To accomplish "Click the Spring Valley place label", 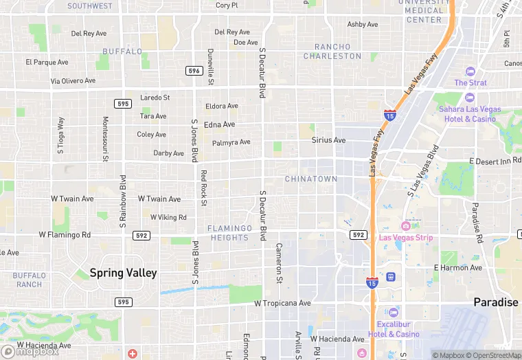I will pyautogui.click(x=124, y=273).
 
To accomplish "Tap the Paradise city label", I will pyautogui.click(x=496, y=302).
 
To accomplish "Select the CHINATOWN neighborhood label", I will pyautogui.click(x=311, y=179).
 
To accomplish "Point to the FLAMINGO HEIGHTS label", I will pyautogui.click(x=230, y=233).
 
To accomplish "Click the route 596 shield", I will pyautogui.click(x=194, y=71).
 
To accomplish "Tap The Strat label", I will pyautogui.click(x=470, y=83).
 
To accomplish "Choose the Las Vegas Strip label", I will pyautogui.click(x=416, y=238).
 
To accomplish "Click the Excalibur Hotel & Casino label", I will pyautogui.click(x=398, y=329).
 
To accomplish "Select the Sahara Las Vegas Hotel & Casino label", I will pyautogui.click(x=477, y=114).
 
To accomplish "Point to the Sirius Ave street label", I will pyautogui.click(x=328, y=140).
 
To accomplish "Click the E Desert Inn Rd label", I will pyautogui.click(x=495, y=161).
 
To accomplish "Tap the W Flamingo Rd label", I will pyautogui.click(x=65, y=234).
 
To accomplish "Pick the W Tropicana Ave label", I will pyautogui.click(x=282, y=303).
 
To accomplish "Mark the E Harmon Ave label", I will pyautogui.click(x=458, y=267).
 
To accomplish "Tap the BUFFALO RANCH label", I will pyautogui.click(x=29, y=280).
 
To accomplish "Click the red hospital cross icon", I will pyautogui.click(x=131, y=353).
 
